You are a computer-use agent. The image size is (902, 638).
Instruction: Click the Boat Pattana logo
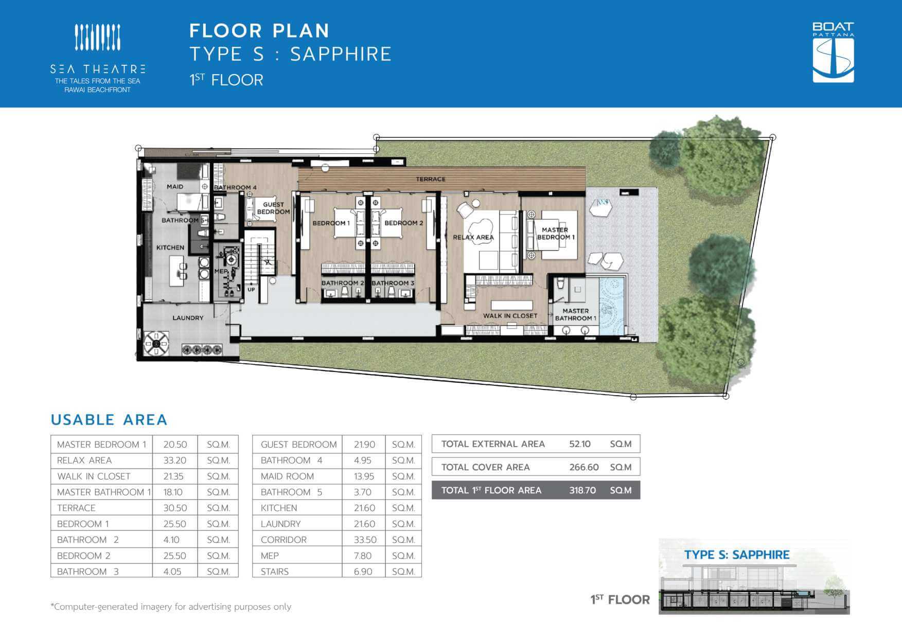tap(833, 52)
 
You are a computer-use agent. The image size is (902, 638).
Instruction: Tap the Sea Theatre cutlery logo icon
tap(98, 38)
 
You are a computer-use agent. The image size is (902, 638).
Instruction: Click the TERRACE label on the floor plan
tap(431, 179)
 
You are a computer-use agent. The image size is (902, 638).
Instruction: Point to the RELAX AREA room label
tap(473, 237)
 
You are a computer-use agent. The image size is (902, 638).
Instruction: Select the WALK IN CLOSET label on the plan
tap(510, 316)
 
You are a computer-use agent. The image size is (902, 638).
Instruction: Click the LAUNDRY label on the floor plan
tap(188, 318)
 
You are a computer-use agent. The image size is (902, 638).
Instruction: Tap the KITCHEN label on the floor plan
tap(170, 247)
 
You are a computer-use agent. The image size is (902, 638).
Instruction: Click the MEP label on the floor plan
tap(221, 271)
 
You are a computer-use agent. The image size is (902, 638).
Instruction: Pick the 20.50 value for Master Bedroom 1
tap(175, 445)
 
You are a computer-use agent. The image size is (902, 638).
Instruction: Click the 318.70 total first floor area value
tap(582, 490)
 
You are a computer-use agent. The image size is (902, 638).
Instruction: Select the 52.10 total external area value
tap(580, 444)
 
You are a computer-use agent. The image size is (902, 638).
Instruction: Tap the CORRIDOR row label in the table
tap(284, 540)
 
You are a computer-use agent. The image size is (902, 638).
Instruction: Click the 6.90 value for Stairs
tap(363, 572)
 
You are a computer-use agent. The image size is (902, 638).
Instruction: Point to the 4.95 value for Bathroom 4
tap(363, 460)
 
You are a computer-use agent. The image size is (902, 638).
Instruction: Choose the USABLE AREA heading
tap(109, 420)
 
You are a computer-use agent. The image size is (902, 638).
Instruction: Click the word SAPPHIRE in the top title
tap(341, 54)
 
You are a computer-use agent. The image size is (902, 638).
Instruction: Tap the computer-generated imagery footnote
tap(171, 607)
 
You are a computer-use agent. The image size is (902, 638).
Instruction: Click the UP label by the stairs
tap(251, 290)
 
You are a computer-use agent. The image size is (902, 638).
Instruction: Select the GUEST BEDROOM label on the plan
tap(273, 208)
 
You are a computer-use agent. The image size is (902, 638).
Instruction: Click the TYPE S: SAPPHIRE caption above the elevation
tap(737, 555)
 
